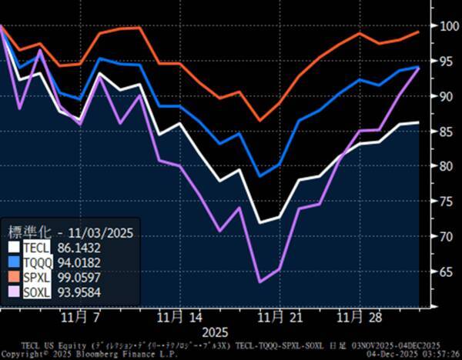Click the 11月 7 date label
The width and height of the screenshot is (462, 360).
click(82, 317)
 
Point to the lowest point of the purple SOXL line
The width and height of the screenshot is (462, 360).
click(260, 282)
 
